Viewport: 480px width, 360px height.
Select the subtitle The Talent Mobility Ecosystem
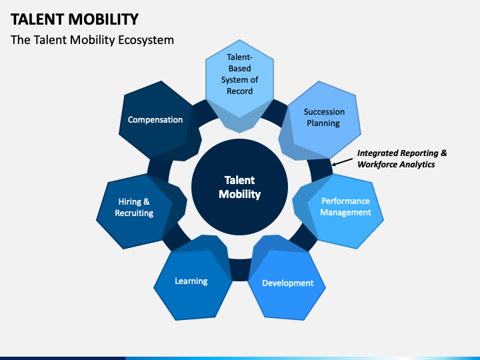coord(92,40)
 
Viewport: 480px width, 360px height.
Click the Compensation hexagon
coord(155,120)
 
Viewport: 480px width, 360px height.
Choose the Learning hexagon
coord(191,281)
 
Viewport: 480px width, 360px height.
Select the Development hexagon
coord(287,283)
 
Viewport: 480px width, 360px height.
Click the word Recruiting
coord(134,213)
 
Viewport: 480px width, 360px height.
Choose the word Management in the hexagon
coord(346,213)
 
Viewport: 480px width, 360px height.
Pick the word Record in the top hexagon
coord(239,91)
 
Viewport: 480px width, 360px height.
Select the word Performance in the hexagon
coord(346,201)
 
